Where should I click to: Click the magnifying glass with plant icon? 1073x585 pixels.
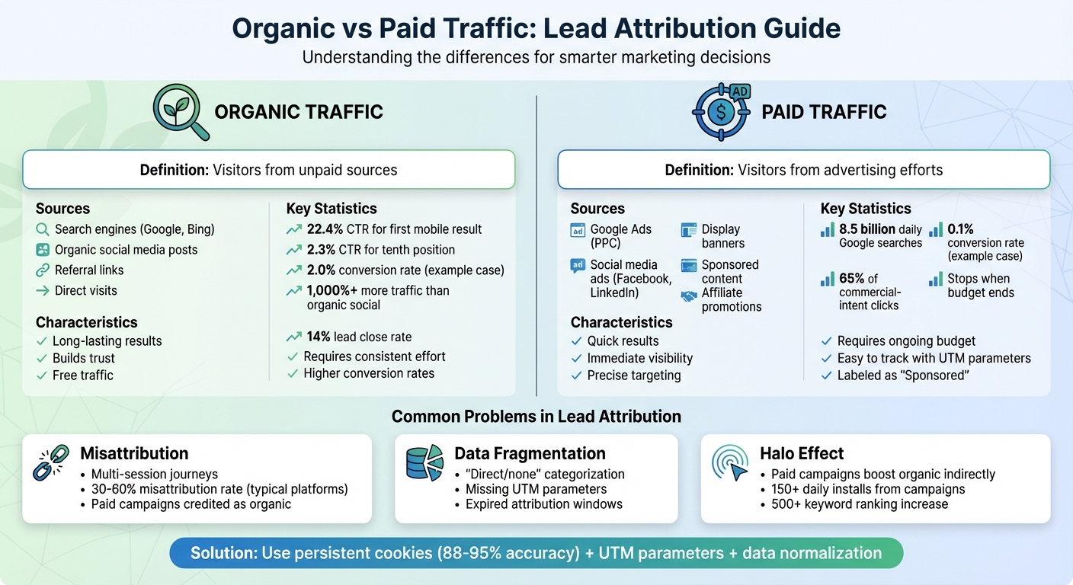pyautogui.click(x=180, y=111)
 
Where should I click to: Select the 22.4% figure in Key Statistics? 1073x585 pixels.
pyautogui.click(x=325, y=229)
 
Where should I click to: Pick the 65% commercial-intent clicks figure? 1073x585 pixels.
pyautogui.click(x=851, y=278)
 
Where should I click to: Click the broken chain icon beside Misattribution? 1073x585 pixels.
pyautogui.click(x=51, y=462)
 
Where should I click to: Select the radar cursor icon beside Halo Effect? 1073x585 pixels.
pyautogui.click(x=730, y=462)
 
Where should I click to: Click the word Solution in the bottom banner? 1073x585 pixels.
pyautogui.click(x=223, y=553)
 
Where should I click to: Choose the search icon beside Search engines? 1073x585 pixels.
pyautogui.click(x=43, y=229)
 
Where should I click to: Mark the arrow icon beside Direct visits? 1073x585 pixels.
pyautogui.click(x=43, y=290)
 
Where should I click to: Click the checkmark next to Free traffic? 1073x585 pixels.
pyautogui.click(x=42, y=376)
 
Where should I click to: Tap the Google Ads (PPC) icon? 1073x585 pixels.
pyautogui.click(x=578, y=230)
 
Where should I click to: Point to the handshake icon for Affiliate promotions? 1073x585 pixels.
pyautogui.click(x=689, y=297)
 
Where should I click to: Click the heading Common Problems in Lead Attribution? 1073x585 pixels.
pyautogui.click(x=536, y=416)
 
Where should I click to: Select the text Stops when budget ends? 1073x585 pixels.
pyautogui.click(x=980, y=286)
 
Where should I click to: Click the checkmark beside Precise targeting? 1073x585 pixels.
pyautogui.click(x=577, y=376)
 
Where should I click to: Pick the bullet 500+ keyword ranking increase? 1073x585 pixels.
pyautogui.click(x=859, y=504)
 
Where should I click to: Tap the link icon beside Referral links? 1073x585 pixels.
pyautogui.click(x=43, y=270)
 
